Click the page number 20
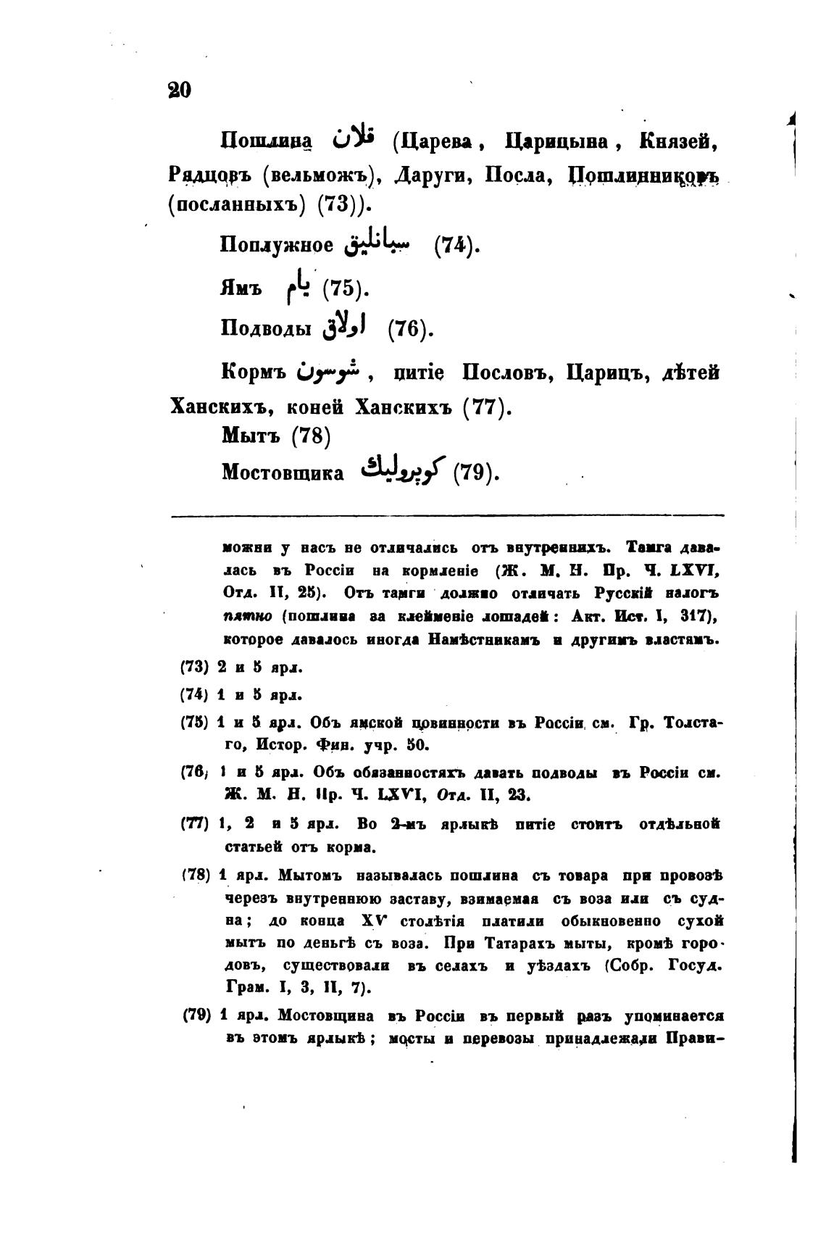point(179,91)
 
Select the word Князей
point(678,141)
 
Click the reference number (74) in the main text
point(457,246)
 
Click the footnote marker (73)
point(194,667)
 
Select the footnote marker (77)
point(194,824)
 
